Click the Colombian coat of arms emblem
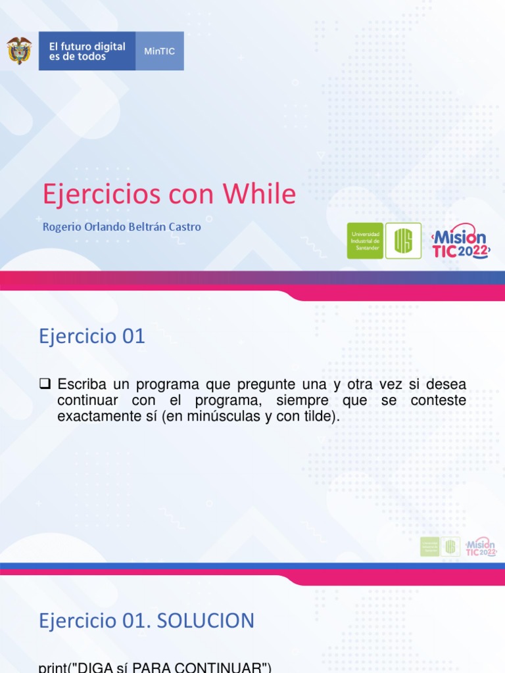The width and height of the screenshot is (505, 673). [x=19, y=51]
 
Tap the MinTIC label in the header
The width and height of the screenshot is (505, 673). [x=159, y=51]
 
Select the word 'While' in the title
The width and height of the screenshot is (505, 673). [x=259, y=195]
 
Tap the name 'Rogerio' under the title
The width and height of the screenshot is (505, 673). [x=61, y=227]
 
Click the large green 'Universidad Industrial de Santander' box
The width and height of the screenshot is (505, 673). [x=365, y=241]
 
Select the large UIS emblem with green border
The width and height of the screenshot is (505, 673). [x=403, y=241]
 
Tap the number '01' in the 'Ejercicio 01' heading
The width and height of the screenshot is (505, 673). [x=132, y=336]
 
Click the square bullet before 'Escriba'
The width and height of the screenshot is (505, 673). [x=45, y=383]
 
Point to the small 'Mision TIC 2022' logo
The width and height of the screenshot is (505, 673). [x=481, y=547]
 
